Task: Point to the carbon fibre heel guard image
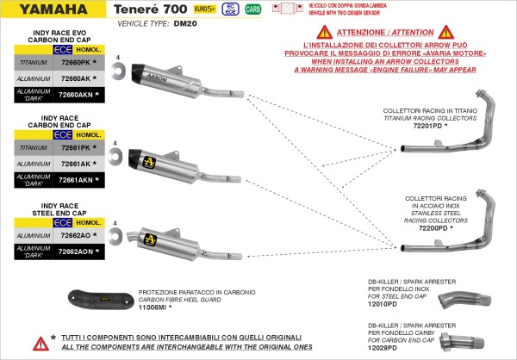tap(102, 298)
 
